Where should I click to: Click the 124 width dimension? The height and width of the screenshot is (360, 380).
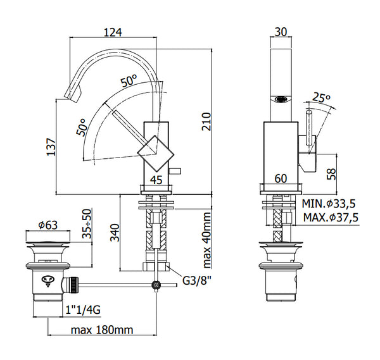112,31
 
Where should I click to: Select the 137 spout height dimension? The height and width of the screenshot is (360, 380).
51,147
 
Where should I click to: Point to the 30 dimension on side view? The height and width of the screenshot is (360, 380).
281,31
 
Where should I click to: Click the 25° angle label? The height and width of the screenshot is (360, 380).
322,97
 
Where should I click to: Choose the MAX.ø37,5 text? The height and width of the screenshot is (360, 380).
330,218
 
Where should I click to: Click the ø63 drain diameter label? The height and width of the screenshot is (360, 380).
47,224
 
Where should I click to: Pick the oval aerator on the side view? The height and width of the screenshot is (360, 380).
281,98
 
